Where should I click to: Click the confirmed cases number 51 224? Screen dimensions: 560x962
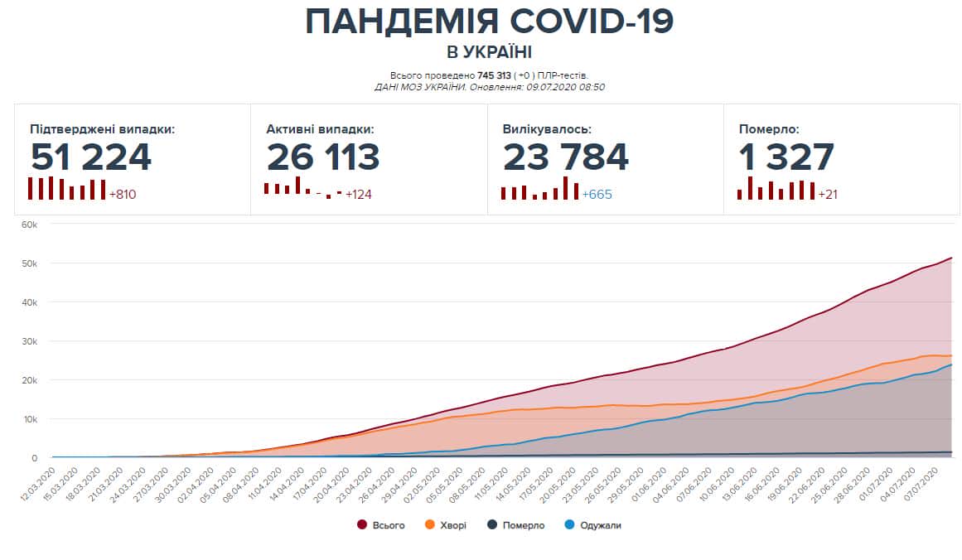click(91, 157)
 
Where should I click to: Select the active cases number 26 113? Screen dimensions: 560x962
click(323, 157)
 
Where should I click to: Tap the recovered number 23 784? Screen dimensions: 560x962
click(566, 157)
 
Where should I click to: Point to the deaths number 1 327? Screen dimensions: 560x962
click(786, 157)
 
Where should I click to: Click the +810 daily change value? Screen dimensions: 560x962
click(123, 195)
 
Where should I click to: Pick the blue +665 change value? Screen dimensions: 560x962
click(597, 195)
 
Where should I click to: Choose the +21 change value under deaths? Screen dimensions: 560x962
click(829, 195)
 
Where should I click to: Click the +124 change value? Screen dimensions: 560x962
click(358, 195)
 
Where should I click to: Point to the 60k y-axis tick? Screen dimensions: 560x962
click(29, 224)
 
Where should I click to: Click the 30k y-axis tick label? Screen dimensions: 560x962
click(29, 341)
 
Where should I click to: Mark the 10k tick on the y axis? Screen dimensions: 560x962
click(29, 419)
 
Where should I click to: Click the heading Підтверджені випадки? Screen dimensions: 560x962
click(102, 129)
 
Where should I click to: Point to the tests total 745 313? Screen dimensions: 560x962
click(495, 75)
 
